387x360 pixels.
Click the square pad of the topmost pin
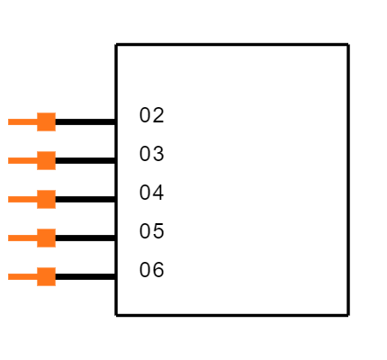(x=46, y=121)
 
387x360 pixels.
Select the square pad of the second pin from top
(x=46, y=160)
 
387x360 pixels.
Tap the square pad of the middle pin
(x=46, y=199)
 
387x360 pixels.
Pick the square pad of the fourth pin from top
(x=46, y=238)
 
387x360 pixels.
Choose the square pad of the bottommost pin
(x=46, y=276)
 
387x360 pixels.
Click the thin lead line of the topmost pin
(x=22, y=121)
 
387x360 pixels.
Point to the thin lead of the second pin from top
(x=22, y=160)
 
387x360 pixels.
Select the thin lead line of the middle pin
(x=22, y=199)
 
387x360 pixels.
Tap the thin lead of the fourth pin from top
(x=22, y=238)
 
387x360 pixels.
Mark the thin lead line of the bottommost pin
(x=22, y=276)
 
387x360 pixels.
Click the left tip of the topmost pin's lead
(x=9, y=121)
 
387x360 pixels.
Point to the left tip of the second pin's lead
(x=9, y=160)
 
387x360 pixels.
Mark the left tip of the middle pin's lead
(x=9, y=199)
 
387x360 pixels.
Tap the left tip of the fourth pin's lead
(x=9, y=238)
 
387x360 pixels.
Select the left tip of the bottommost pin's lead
(x=9, y=276)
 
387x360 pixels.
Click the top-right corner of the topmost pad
(x=55, y=113)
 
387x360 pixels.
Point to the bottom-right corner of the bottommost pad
(x=55, y=285)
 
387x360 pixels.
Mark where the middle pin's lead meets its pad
(x=37, y=199)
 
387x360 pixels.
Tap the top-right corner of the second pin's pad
(x=55, y=152)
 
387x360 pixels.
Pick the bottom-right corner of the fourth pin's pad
(x=55, y=247)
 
